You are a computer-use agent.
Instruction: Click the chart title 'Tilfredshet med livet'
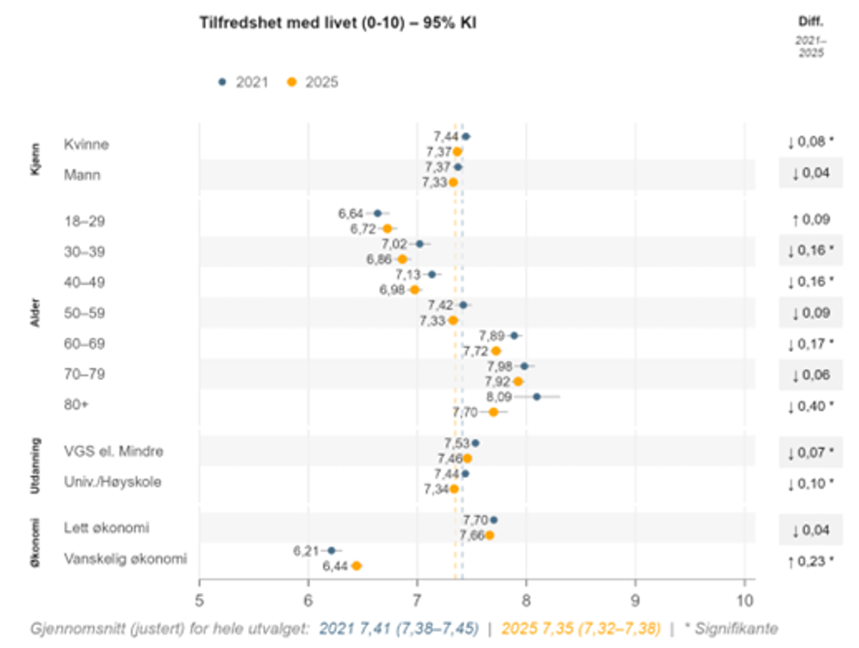(337, 22)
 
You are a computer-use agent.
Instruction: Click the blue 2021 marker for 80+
(537, 396)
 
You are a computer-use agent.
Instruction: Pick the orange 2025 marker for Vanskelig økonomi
(357, 566)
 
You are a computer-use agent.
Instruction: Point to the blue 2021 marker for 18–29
(377, 213)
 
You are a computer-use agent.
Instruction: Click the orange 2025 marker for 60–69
(496, 351)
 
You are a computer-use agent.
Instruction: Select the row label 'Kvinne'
(87, 144)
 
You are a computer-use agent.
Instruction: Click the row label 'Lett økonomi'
(106, 527)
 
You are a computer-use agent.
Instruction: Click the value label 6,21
(306, 550)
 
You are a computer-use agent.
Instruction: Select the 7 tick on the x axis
(417, 599)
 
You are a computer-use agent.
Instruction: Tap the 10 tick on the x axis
(743, 599)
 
